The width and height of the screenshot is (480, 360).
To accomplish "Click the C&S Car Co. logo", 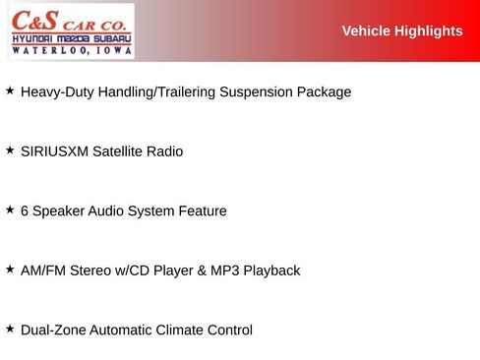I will click(71, 30).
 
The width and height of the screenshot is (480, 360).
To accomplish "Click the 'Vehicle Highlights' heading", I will click(401, 31).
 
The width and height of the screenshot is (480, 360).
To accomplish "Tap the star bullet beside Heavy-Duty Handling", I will click(10, 90).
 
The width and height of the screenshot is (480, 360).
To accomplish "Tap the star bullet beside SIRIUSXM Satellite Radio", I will click(10, 150).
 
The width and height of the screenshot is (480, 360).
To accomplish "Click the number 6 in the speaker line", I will click(25, 211).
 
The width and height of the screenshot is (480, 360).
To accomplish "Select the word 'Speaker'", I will click(59, 211).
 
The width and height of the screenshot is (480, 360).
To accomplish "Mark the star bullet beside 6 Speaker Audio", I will click(10, 210).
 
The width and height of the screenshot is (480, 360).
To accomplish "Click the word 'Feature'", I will click(201, 211).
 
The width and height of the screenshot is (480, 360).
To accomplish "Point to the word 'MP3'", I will click(224, 270).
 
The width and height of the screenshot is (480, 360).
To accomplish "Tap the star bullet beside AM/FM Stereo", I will click(10, 269).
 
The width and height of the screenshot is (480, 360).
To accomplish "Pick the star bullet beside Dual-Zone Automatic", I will click(10, 329).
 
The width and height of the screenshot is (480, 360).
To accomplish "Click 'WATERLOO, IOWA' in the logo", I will click(71, 48).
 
